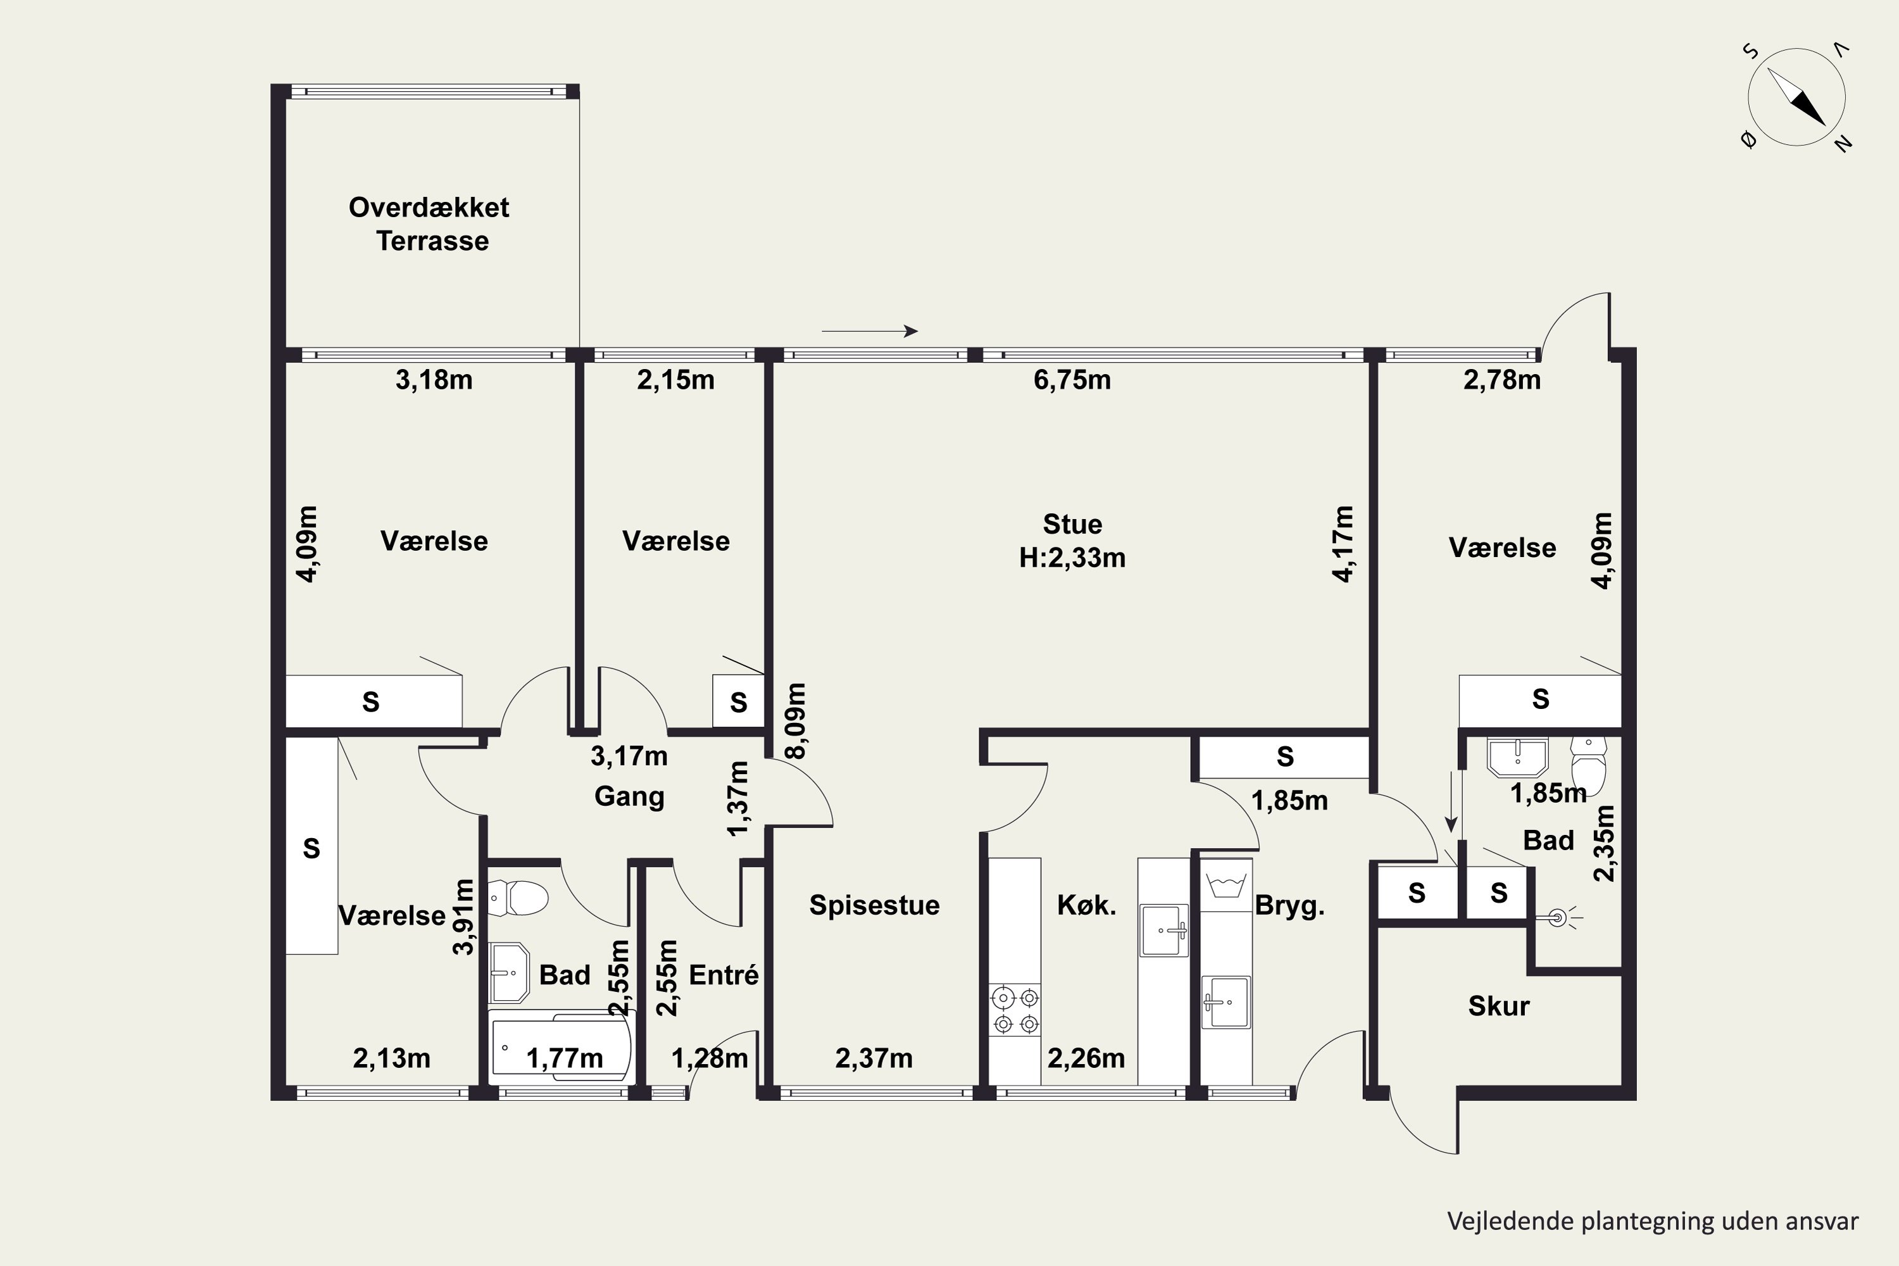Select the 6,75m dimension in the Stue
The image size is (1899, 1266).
1072,379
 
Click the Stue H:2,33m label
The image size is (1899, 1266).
1072,541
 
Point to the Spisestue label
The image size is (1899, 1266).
874,905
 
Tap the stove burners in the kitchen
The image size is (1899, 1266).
1016,1010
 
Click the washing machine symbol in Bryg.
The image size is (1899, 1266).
1225,886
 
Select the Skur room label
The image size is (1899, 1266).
1498,1006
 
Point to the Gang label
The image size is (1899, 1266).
629,796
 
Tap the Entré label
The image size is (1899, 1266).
724,975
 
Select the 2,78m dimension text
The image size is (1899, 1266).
1501,379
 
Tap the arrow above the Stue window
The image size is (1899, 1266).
870,331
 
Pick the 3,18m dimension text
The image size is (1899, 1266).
434,379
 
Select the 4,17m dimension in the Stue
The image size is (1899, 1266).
1343,543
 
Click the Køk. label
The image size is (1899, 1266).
1087,905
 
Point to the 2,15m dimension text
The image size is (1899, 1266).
676,379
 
